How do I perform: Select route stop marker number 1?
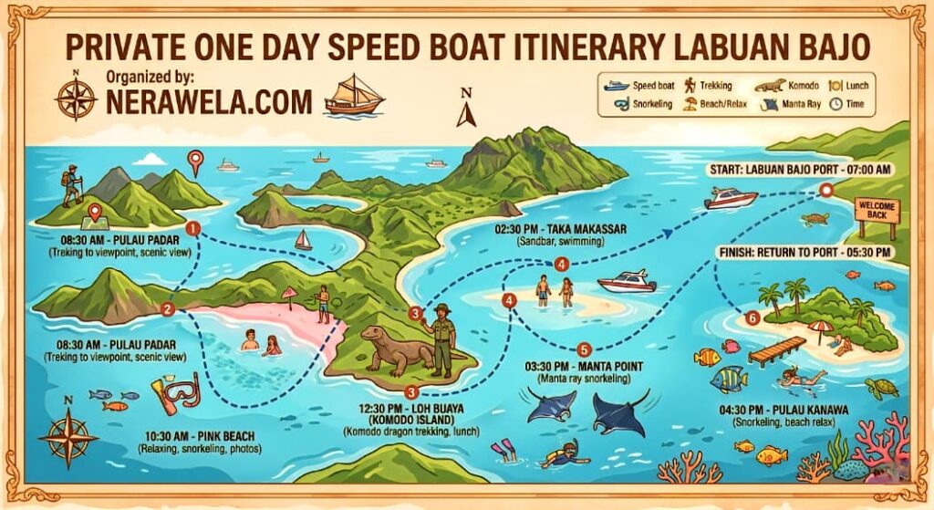(x=192, y=228)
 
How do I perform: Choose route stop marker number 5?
(x=585, y=349)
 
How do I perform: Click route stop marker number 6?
(x=752, y=318)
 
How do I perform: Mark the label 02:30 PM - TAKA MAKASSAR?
(x=560, y=229)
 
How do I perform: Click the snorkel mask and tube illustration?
(x=173, y=393)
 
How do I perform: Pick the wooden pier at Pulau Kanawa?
(x=776, y=349)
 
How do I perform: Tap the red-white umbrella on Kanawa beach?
(x=821, y=328)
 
